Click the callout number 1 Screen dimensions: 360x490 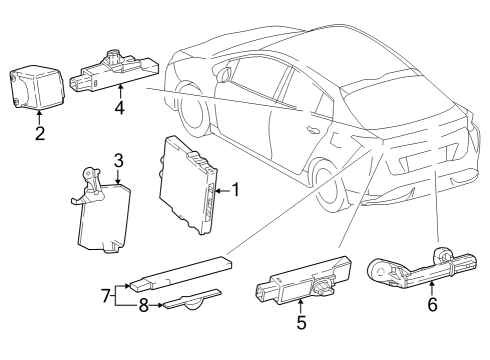point(236,187)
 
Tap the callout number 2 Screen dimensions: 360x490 point(39,134)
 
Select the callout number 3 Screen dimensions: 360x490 point(118,160)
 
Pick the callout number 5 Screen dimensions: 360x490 point(299,323)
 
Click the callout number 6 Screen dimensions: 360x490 point(432,305)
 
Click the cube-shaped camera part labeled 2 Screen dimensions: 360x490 point(34,87)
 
